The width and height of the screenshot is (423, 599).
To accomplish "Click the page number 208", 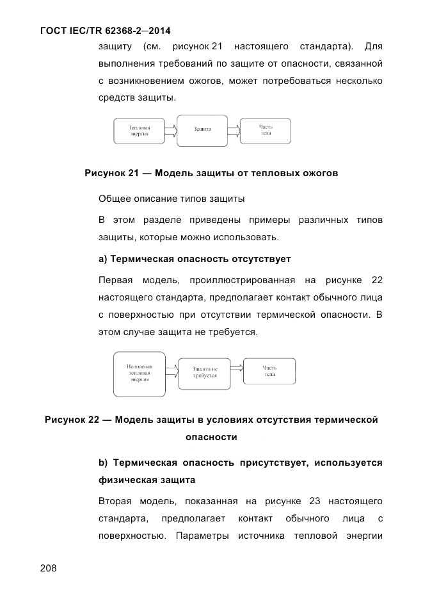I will [48, 568].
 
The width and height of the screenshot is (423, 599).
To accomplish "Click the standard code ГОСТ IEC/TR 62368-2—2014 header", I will [105, 30].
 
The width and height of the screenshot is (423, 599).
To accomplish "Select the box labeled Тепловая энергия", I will [139, 131].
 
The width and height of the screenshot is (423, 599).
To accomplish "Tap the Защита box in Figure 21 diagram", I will [202, 129].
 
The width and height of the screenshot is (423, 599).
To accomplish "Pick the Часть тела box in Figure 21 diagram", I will [266, 130].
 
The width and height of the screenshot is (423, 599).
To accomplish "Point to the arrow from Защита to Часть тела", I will [234, 131].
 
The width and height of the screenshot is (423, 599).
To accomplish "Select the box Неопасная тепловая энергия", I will [139, 373].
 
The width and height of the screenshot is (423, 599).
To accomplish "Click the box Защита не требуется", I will [205, 372].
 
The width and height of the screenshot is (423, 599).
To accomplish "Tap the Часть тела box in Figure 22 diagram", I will [269, 371].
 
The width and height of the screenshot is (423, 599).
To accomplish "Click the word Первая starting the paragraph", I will [116, 281].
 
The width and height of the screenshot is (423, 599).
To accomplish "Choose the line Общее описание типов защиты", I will [172, 199].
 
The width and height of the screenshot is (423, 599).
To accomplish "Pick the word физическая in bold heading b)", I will [125, 479].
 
